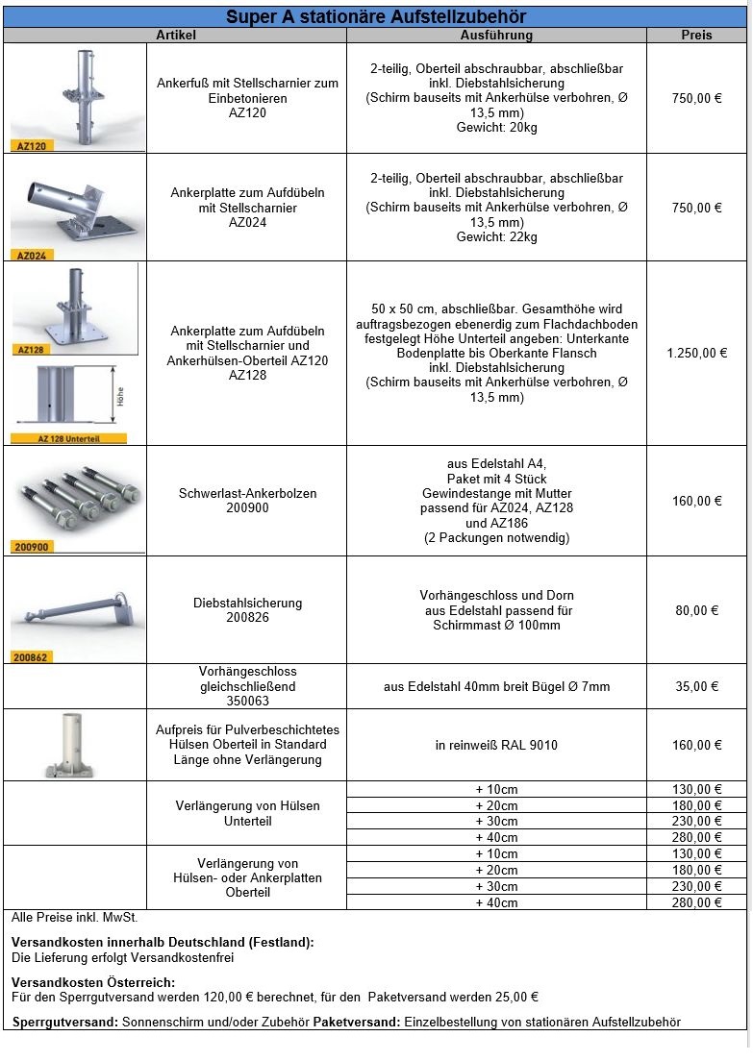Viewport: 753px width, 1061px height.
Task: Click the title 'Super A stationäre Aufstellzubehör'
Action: click(x=376, y=17)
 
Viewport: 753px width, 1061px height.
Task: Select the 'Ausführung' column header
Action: click(x=496, y=35)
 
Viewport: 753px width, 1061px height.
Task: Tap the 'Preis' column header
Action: click(x=696, y=35)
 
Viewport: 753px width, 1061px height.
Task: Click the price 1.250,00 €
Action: click(x=696, y=353)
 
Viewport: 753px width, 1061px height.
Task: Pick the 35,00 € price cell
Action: click(x=696, y=686)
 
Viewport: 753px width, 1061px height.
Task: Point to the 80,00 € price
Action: click(x=696, y=610)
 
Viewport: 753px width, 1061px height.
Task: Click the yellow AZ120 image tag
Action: click(x=31, y=146)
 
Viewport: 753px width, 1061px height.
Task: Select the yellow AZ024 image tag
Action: click(x=31, y=256)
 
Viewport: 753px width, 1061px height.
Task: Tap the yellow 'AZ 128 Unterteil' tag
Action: click(x=68, y=438)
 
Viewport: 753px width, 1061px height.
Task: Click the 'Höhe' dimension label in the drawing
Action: click(x=120, y=395)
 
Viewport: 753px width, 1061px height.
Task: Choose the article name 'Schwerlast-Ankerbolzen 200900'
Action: click(x=247, y=501)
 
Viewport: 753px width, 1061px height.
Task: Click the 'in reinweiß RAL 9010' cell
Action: click(x=496, y=745)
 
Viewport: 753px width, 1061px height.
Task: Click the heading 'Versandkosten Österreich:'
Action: click(x=93, y=982)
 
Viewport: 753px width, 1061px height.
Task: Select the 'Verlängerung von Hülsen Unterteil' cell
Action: click(x=247, y=813)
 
